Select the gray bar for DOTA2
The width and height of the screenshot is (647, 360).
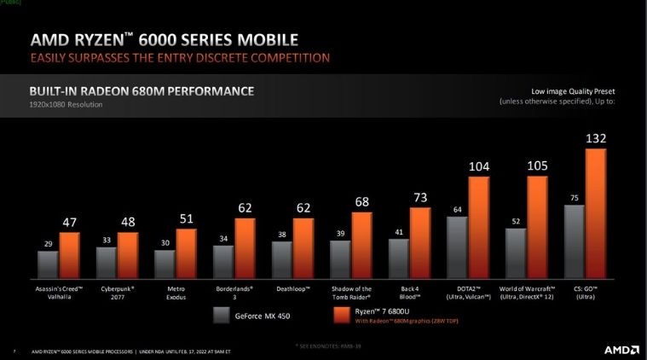pos(457,248)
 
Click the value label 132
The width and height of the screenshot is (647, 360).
pos(596,137)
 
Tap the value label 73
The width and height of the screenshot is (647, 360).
pos(420,197)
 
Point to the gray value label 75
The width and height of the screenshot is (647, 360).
pos(574,198)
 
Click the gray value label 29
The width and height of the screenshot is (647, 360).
pos(48,244)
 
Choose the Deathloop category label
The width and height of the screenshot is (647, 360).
pos(292,289)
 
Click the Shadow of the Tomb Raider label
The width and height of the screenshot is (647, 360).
pos(351,293)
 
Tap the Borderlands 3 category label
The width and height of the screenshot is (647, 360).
pos(234,293)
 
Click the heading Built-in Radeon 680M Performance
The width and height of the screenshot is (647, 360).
pos(141,90)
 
